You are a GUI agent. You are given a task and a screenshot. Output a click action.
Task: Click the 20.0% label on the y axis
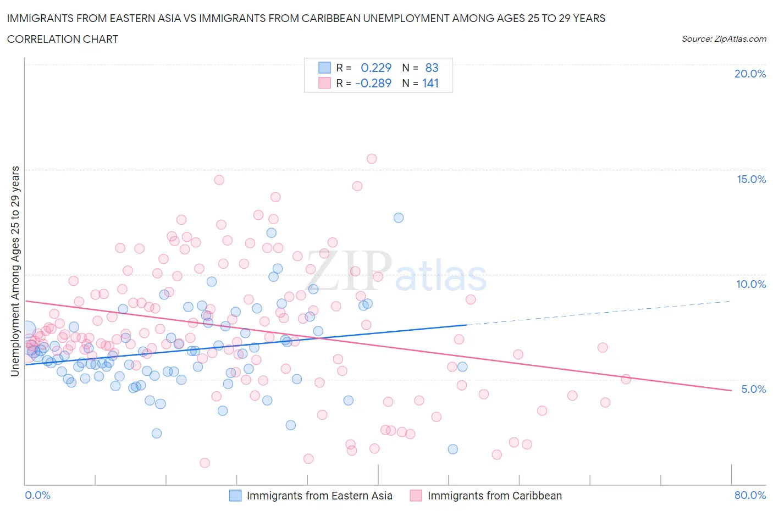coord(750,74)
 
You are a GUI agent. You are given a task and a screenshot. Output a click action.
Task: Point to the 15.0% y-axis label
coord(751,179)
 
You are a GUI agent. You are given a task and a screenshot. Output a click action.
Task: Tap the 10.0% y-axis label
coord(751,284)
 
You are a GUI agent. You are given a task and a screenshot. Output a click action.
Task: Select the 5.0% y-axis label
coord(753,389)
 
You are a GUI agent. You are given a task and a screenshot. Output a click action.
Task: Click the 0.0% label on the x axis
coord(38,495)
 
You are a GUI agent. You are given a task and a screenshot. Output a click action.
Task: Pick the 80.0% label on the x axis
coord(750,495)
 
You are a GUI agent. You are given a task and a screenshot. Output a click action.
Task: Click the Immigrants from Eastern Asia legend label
coord(319,496)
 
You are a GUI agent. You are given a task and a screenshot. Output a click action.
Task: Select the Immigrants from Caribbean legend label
coord(495,496)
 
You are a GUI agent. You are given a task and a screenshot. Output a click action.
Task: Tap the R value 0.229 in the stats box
coord(376,68)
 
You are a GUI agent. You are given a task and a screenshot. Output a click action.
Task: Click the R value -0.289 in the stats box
coord(373,83)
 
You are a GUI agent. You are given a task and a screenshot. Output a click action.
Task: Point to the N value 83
coord(432,68)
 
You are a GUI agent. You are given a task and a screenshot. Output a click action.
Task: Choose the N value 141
coord(430,83)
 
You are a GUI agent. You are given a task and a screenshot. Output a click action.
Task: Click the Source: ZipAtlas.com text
coord(724,38)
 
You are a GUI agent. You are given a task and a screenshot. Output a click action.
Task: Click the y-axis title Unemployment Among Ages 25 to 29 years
coord(15,271)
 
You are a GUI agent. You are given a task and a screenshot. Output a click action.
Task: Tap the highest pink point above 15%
coord(372,159)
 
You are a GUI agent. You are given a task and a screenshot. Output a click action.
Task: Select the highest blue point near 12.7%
coord(399,218)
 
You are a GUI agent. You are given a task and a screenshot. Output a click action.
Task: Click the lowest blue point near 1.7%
coord(453,449)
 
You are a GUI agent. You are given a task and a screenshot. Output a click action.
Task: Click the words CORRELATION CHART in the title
coord(63,39)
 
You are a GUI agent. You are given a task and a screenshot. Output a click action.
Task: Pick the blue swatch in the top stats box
coord(325,68)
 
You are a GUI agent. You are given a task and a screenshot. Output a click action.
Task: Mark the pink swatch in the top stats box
coord(325,83)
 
